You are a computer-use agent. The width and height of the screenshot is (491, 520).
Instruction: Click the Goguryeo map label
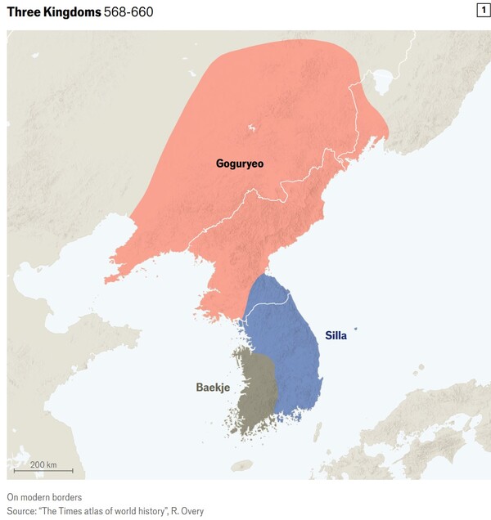click(x=239, y=164)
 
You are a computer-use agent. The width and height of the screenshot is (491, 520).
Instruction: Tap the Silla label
click(x=336, y=335)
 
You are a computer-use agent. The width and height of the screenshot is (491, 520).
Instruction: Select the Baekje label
click(x=212, y=387)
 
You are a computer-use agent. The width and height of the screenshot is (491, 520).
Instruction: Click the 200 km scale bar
click(x=43, y=471)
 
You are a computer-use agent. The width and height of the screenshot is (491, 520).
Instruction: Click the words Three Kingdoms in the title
click(x=53, y=12)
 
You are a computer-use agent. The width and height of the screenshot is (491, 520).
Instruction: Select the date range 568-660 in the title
click(x=128, y=12)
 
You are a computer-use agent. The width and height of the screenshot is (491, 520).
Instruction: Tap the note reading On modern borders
click(x=44, y=497)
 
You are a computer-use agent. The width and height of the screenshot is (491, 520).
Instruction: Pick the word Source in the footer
click(x=23, y=511)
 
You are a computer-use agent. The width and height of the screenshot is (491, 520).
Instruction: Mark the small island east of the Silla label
click(x=355, y=330)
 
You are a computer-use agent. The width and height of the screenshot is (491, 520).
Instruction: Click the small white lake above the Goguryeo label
click(x=250, y=127)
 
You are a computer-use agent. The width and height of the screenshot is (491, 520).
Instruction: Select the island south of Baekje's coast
click(x=241, y=465)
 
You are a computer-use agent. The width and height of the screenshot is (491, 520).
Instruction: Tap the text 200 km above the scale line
click(x=43, y=464)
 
